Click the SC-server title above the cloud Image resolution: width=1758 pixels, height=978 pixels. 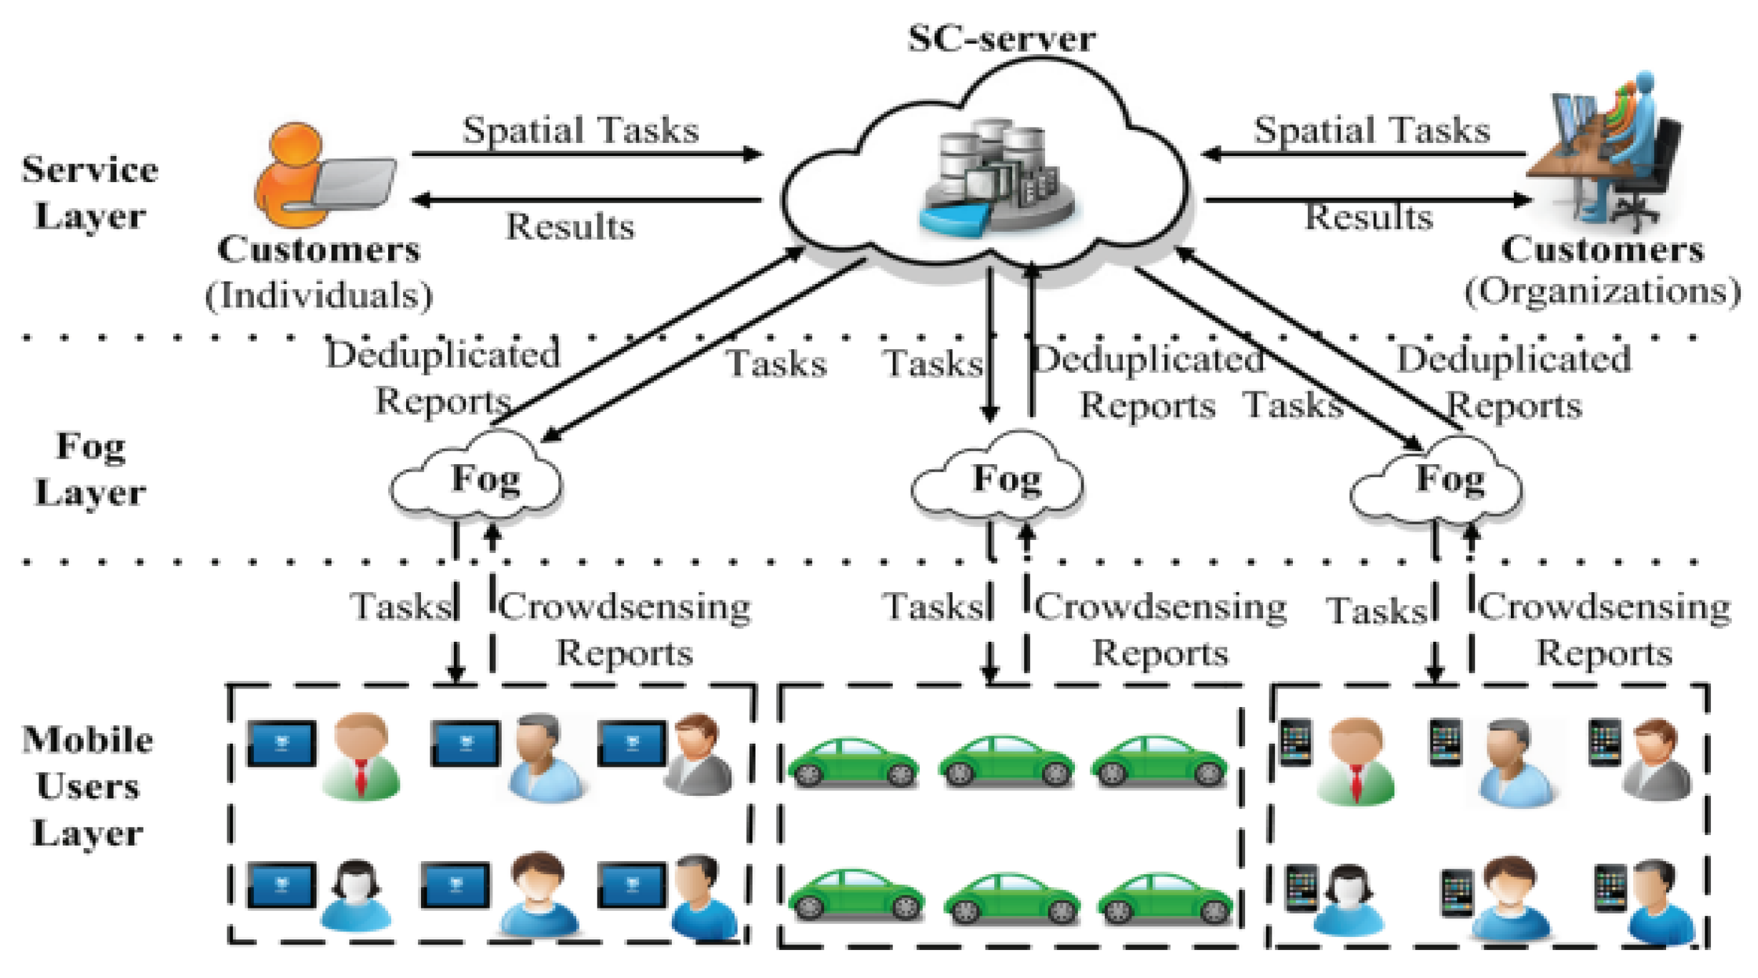(x=1001, y=39)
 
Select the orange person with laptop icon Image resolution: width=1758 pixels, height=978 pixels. (x=321, y=176)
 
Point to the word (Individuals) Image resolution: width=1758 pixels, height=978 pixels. (x=319, y=295)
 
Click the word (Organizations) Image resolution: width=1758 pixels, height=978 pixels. (x=1602, y=291)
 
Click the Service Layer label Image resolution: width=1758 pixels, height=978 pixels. (x=89, y=193)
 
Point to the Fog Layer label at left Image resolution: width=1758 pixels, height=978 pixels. (x=91, y=470)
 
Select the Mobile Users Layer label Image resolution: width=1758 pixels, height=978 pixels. (x=88, y=785)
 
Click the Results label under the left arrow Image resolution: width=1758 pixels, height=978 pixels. (x=569, y=226)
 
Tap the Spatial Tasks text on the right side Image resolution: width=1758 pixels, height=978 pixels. (x=1372, y=130)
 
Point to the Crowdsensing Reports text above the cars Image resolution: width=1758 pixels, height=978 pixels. (x=1160, y=628)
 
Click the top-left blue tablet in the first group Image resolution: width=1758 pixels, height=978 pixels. (x=281, y=743)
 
